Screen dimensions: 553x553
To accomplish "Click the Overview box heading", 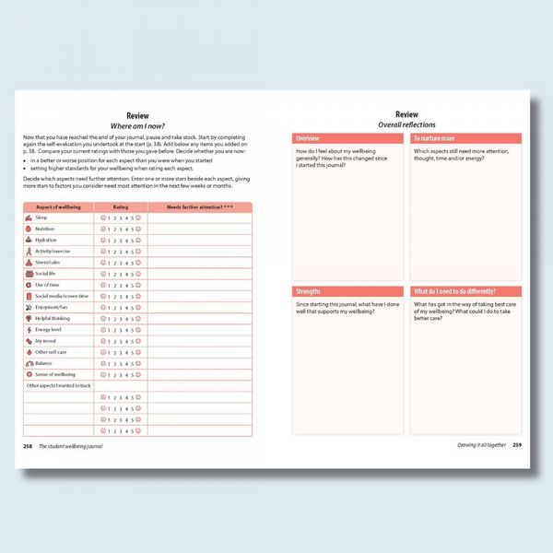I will pyautogui.click(x=308, y=137).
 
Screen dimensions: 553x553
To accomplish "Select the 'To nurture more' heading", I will pyautogui.click(x=434, y=137).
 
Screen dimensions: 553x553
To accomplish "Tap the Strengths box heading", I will pyautogui.click(x=310, y=291).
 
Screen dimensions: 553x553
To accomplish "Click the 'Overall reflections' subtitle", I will pyautogui.click(x=406, y=124).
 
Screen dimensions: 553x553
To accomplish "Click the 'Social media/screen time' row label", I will pyautogui.click(x=62, y=296).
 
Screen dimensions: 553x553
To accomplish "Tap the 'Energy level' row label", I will pyautogui.click(x=49, y=329).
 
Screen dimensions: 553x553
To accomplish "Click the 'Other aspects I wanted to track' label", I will pyautogui.click(x=58, y=385).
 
